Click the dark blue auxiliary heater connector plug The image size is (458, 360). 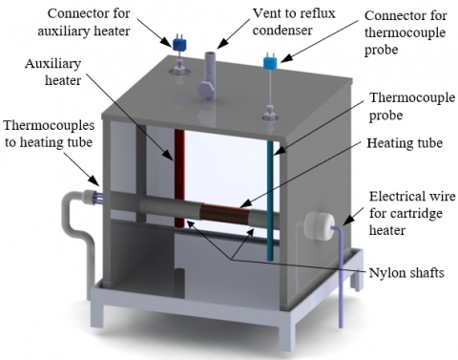178,44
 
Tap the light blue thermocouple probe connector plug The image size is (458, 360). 270,63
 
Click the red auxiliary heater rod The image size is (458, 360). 179,178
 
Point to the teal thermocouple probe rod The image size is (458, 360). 270,201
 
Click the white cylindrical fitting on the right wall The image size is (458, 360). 319,225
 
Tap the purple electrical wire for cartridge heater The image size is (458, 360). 339,274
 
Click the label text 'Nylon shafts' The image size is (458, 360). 406,273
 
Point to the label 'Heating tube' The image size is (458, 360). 405,143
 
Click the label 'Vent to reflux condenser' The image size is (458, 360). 294,22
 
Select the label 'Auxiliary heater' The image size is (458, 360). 53,72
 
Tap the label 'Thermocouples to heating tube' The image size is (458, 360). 49,134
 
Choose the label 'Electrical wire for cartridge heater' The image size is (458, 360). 412,213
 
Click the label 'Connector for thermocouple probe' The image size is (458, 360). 406,32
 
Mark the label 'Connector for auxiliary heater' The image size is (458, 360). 84,22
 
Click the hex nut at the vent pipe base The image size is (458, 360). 206,89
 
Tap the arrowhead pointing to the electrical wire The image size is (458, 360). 349,220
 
